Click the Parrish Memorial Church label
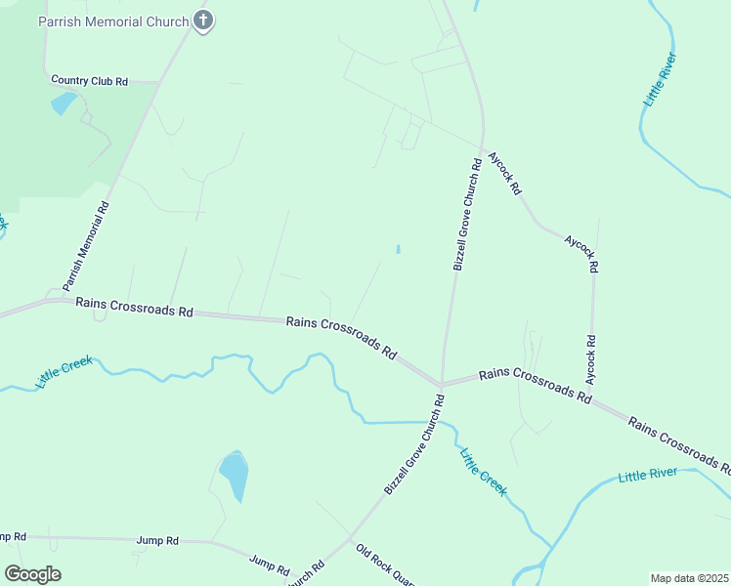pyautogui.click(x=113, y=21)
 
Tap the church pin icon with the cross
pyautogui.click(x=203, y=20)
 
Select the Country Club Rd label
pyautogui.click(x=89, y=81)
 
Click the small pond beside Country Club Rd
pyautogui.click(x=64, y=103)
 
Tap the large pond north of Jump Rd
pyautogui.click(x=235, y=474)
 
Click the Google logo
pyautogui.click(x=32, y=574)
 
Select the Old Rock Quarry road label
pyautogui.click(x=385, y=565)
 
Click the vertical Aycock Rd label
pyautogui.click(x=590, y=359)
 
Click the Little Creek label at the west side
pyautogui.click(x=64, y=373)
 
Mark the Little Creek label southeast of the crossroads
pyautogui.click(x=483, y=472)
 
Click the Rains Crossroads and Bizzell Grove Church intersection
pyautogui.click(x=442, y=383)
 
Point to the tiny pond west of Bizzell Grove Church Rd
pyautogui.click(x=398, y=249)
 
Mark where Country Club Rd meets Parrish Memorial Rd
pyautogui.click(x=156, y=83)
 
